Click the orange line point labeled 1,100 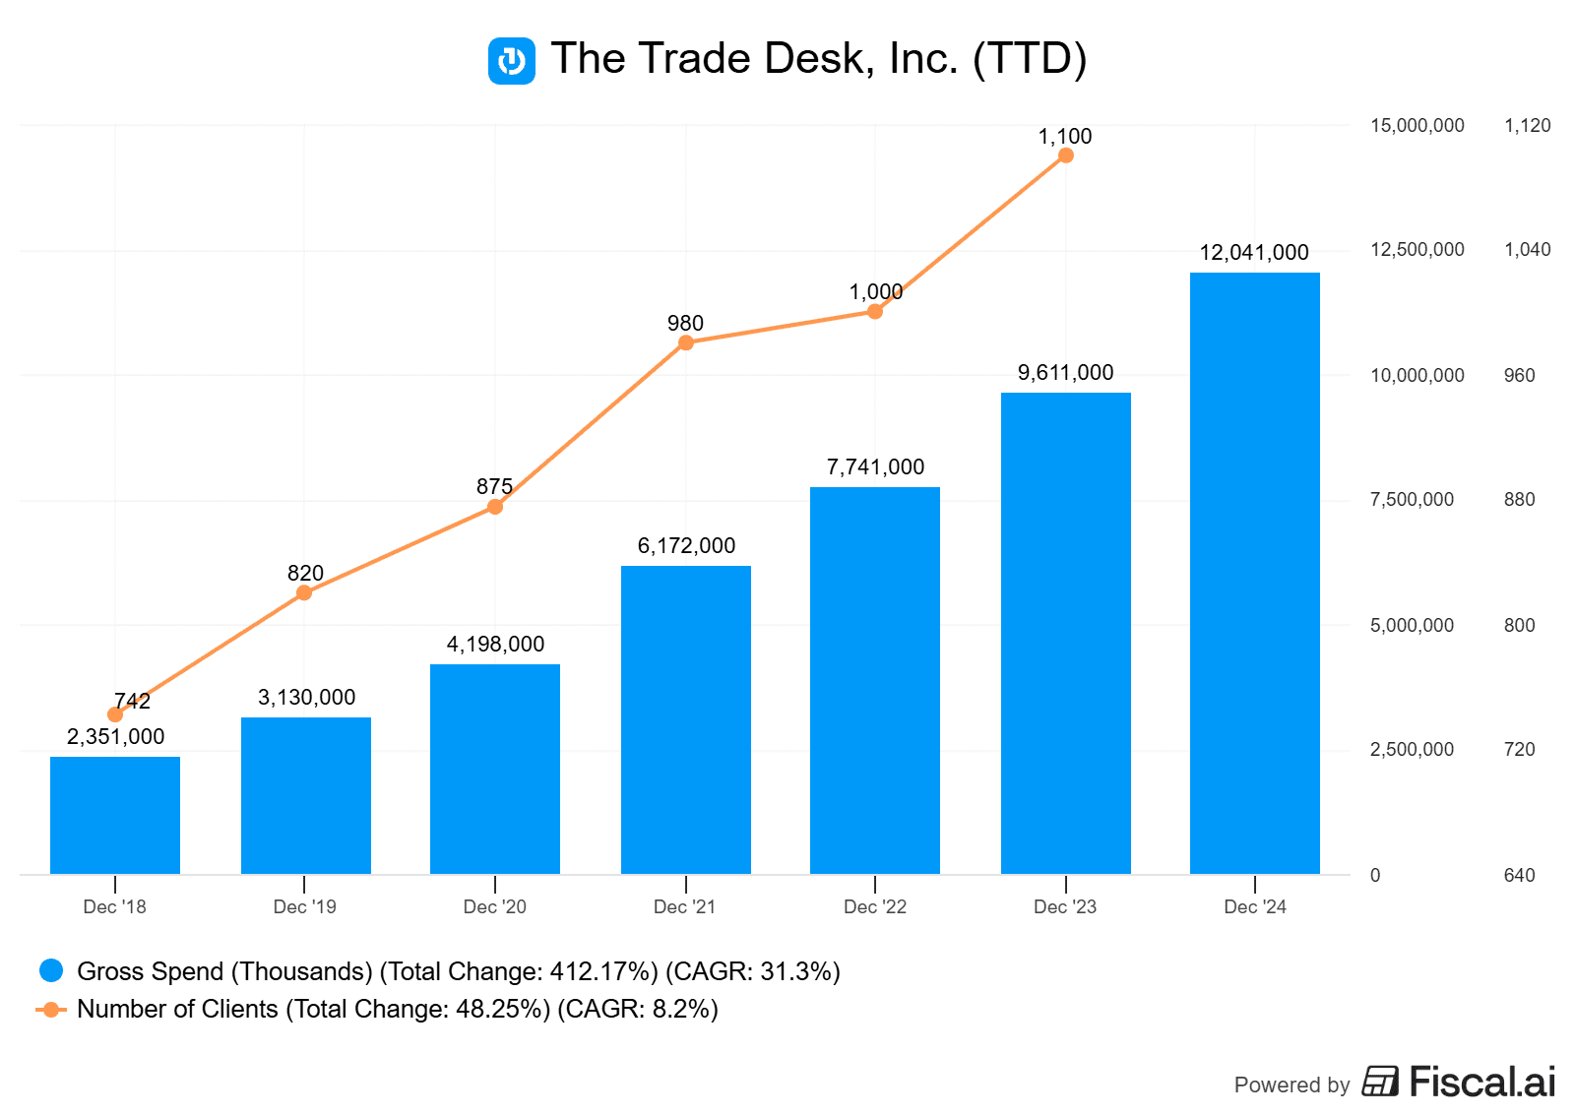1065,155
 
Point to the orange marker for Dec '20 495,507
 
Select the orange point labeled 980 686,342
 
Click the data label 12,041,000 1253,253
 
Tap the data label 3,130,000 306,698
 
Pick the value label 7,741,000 875,467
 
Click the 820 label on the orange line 305,574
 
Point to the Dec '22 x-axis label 874,907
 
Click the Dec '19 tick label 304,907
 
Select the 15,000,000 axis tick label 1417,126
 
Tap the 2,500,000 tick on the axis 1412,750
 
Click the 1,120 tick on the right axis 1527,126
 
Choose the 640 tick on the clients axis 1519,876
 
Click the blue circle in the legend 51,971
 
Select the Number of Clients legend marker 51,1010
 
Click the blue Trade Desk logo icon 512,61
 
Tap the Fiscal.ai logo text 1481,1083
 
